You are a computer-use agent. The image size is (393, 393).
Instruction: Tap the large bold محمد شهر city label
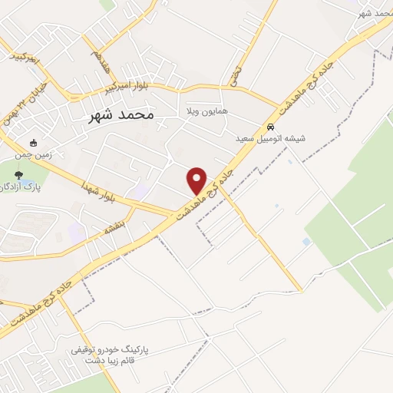117,114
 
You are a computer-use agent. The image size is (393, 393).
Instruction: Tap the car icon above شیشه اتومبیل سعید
269,126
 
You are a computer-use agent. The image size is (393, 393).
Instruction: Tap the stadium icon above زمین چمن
33,143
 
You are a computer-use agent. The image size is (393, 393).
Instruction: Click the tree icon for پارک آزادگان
18,176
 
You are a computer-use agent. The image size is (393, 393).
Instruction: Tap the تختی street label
234,73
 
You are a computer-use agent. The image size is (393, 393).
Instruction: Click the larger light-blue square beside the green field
307,242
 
